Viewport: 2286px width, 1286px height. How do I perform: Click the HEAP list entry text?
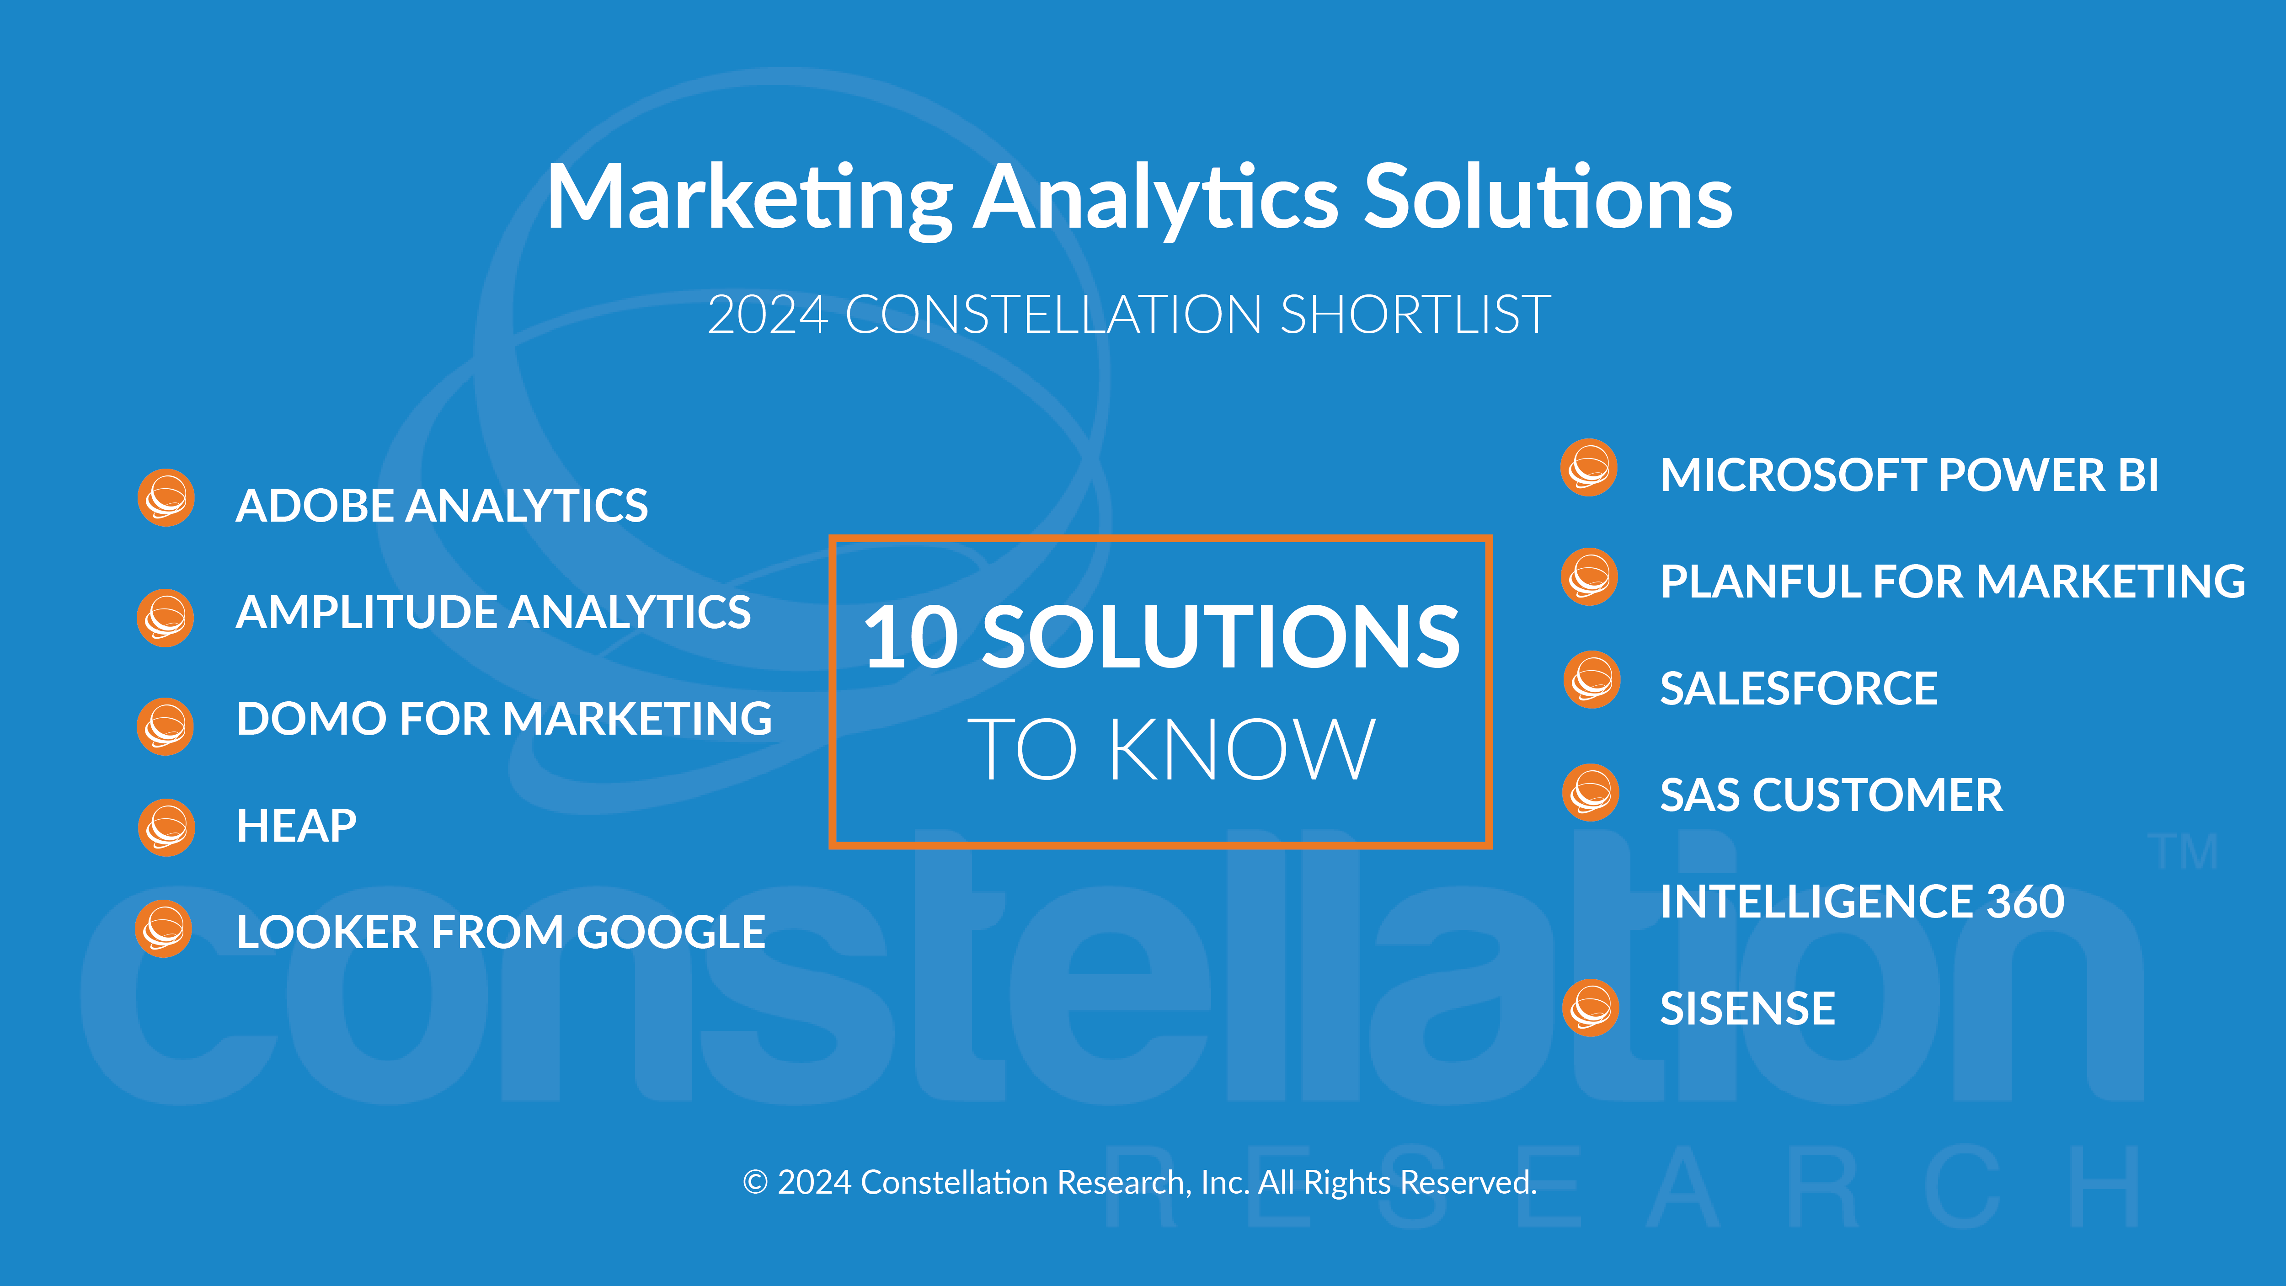coord(296,825)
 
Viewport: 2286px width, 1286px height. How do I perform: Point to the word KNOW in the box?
coord(1241,750)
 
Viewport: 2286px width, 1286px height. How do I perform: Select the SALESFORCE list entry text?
coord(1799,688)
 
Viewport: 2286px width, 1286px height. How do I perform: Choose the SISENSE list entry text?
coord(1747,1008)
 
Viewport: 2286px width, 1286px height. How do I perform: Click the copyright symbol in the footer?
coord(755,1182)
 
